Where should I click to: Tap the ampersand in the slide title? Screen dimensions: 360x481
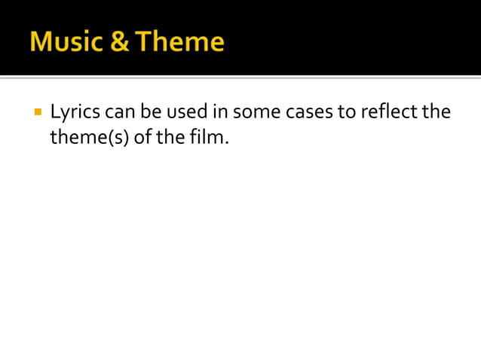point(119,41)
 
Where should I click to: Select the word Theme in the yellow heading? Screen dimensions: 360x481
point(179,41)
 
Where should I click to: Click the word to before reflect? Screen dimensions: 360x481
point(347,113)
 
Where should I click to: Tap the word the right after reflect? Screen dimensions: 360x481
point(437,113)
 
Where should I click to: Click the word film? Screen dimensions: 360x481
point(207,139)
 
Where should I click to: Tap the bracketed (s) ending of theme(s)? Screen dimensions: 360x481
point(117,139)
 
